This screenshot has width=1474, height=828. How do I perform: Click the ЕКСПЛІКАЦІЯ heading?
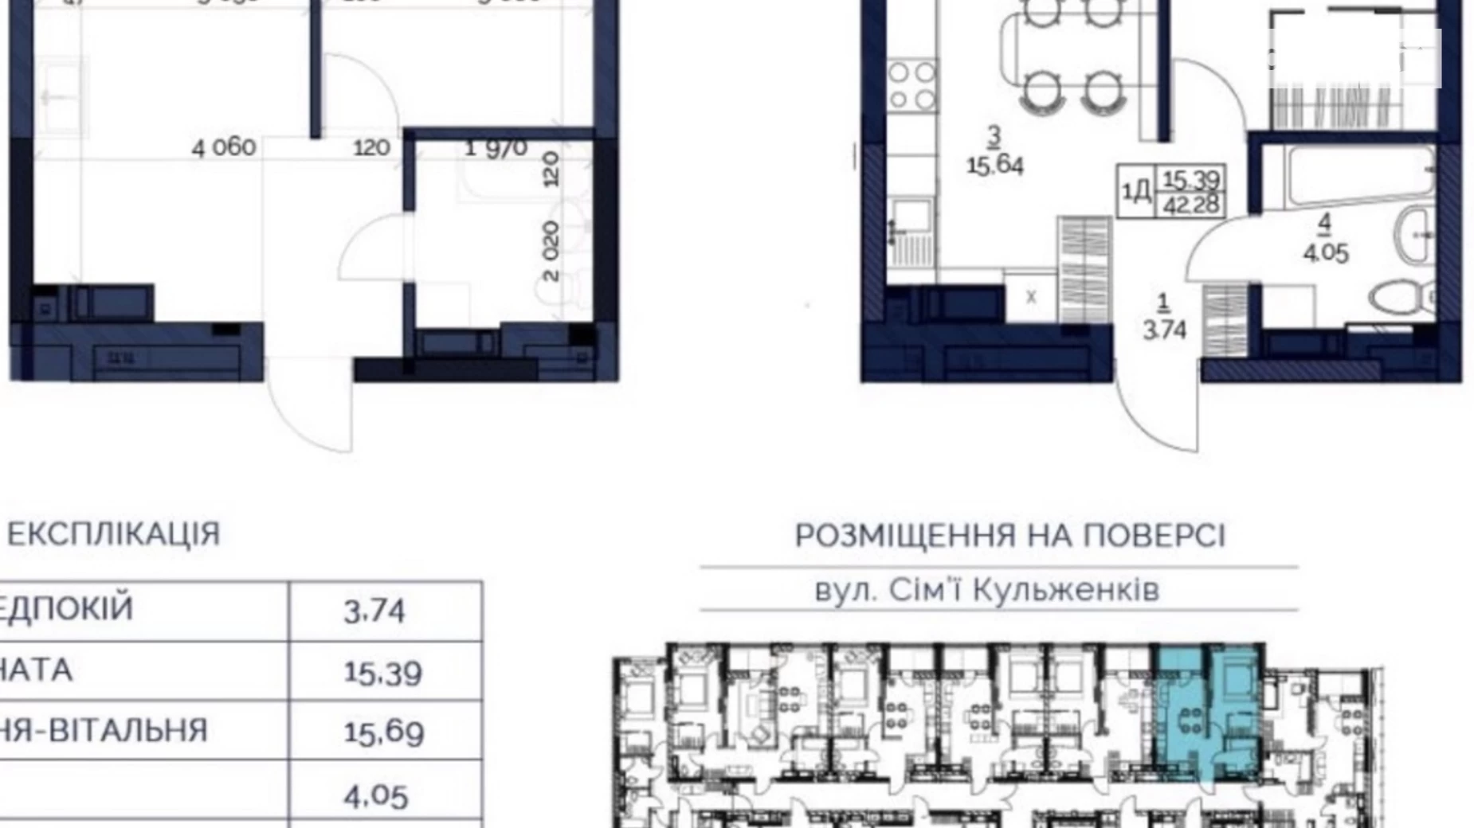pyautogui.click(x=113, y=534)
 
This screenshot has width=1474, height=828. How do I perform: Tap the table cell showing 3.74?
pyautogui.click(x=375, y=611)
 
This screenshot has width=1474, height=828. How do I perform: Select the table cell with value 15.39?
pyautogui.click(x=382, y=673)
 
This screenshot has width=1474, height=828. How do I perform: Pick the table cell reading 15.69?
pyautogui.click(x=382, y=732)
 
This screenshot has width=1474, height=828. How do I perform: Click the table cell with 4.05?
pyautogui.click(x=376, y=795)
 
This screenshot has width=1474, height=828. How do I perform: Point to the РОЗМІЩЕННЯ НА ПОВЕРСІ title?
pyautogui.click(x=1009, y=536)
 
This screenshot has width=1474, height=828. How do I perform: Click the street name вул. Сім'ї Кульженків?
pyautogui.click(x=986, y=591)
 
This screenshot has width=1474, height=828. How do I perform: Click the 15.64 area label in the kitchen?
pyautogui.click(x=994, y=166)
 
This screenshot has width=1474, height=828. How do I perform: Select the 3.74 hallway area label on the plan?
pyautogui.click(x=1164, y=329)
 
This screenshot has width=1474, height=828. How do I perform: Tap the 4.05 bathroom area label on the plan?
pyautogui.click(x=1325, y=253)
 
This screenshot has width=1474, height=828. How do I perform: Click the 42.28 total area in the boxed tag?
pyautogui.click(x=1191, y=205)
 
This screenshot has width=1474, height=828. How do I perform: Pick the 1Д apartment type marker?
pyautogui.click(x=1136, y=192)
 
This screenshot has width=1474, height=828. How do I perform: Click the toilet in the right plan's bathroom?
pyautogui.click(x=1403, y=295)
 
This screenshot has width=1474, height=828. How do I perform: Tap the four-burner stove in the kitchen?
pyautogui.click(x=911, y=86)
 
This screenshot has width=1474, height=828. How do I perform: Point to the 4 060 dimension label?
pyautogui.click(x=224, y=147)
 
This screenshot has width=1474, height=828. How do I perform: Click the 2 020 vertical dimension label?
pyautogui.click(x=551, y=252)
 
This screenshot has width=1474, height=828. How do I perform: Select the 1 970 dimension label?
pyautogui.click(x=496, y=148)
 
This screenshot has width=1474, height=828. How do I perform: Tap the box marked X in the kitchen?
pyautogui.click(x=1031, y=297)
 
